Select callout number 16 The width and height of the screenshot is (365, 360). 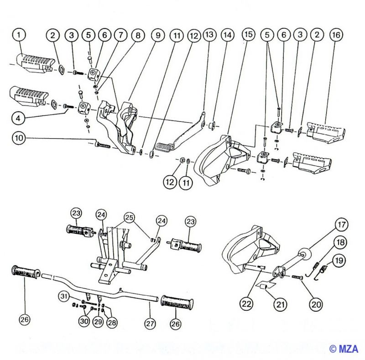[336, 35]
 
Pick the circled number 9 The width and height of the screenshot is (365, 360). [156, 35]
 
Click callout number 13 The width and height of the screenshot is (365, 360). [209, 35]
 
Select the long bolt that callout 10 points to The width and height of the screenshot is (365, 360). [103, 145]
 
